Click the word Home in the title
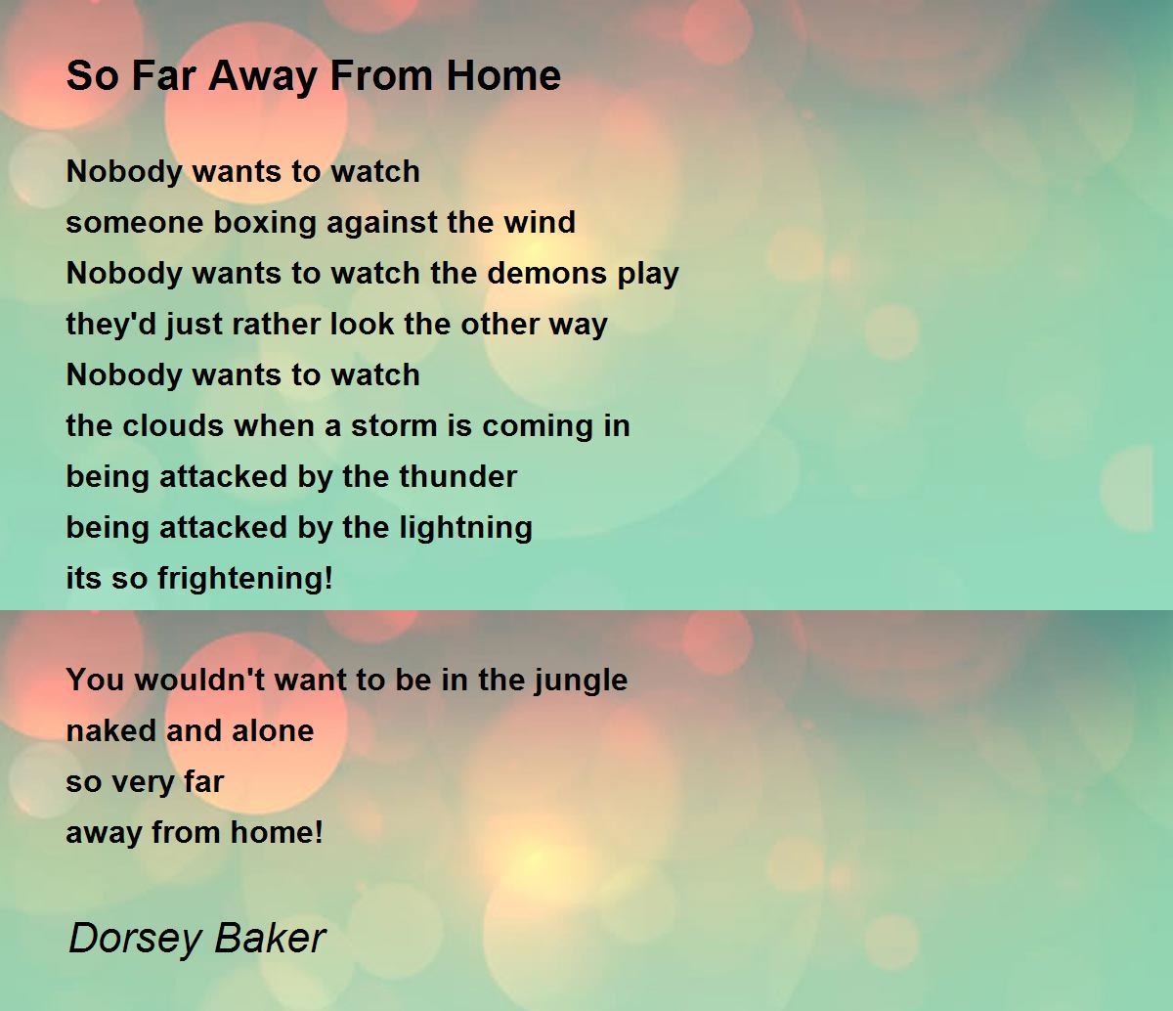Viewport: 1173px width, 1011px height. point(503,75)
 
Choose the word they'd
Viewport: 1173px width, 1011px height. point(111,326)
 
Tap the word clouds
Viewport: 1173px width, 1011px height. point(172,425)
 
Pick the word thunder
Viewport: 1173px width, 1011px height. point(458,476)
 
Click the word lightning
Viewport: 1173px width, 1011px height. point(466,529)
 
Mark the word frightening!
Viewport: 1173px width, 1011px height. point(245,580)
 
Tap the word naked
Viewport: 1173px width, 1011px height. point(111,730)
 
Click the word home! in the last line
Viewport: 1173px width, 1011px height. point(277,832)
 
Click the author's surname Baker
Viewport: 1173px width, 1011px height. point(270,938)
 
